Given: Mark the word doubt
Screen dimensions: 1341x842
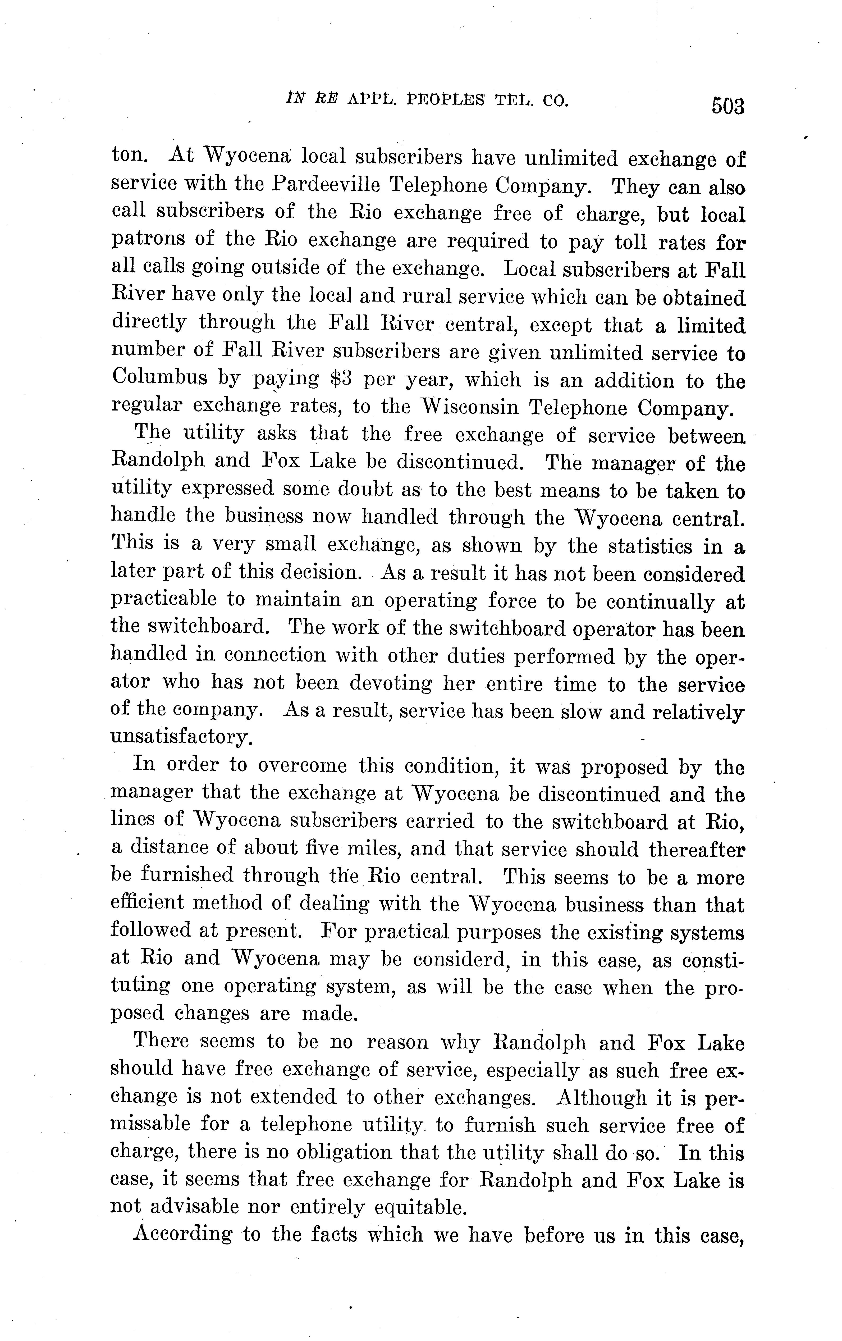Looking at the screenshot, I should (x=323, y=490).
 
